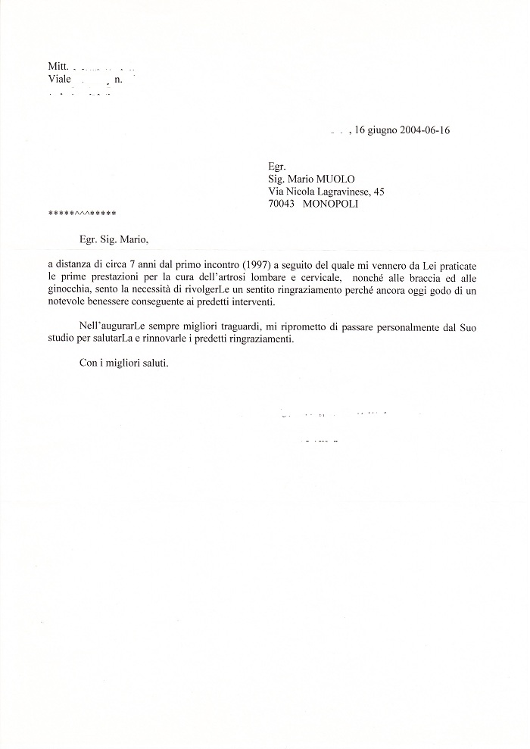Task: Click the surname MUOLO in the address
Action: coord(345,179)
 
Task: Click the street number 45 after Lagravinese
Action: coord(379,192)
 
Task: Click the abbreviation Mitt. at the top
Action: coord(58,67)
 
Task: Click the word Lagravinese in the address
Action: coord(336,192)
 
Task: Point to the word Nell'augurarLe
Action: coord(114,326)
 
